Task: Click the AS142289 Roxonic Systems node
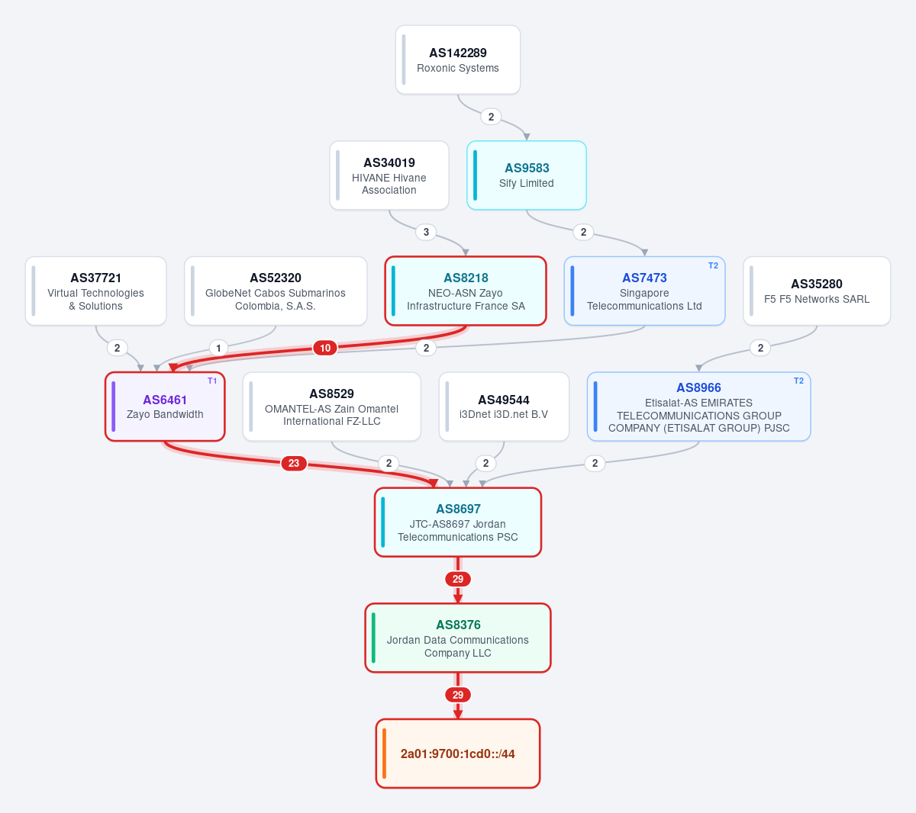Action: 457,59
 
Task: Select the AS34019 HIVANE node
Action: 389,175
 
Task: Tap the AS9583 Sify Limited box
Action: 526,175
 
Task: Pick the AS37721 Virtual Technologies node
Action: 96,291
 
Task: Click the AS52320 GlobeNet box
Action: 276,291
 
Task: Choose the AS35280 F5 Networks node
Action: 817,291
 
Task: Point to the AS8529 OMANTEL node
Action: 331,406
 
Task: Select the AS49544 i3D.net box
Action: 504,406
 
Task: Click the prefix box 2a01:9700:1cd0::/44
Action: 457,754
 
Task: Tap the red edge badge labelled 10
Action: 325,348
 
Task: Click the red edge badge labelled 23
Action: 294,463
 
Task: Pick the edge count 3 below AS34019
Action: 426,232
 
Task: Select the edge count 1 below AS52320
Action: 218,348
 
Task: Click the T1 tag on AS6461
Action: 212,381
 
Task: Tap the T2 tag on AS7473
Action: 713,265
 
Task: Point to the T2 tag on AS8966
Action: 798,381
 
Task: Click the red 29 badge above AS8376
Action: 457,579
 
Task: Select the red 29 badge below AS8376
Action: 457,695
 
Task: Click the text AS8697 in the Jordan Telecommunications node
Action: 457,509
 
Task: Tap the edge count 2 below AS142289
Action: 491,117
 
